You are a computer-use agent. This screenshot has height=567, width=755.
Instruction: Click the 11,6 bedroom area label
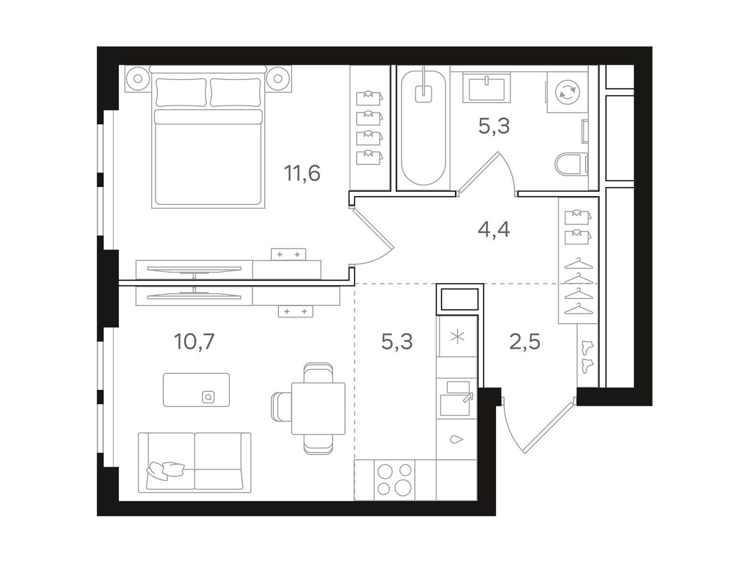(x=302, y=173)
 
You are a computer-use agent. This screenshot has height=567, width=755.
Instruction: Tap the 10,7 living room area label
(x=194, y=342)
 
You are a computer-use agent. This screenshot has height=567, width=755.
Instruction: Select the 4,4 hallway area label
(x=494, y=230)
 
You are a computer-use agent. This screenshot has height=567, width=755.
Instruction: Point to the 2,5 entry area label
(x=525, y=342)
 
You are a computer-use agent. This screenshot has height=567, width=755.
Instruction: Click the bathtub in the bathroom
(x=423, y=128)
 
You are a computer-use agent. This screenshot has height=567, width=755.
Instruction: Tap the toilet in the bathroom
(x=571, y=164)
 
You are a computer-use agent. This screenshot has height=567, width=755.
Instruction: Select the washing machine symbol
(x=568, y=92)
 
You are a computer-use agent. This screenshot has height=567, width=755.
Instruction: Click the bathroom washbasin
(x=487, y=87)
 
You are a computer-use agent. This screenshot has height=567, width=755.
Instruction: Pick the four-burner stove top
(x=394, y=480)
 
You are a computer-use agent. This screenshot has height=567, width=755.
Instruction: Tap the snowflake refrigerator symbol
(x=457, y=337)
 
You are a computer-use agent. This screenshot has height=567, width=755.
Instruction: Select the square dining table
(x=318, y=408)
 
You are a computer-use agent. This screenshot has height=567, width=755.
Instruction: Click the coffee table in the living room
(x=196, y=390)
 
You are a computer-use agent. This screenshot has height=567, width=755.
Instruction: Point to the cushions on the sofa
(x=165, y=470)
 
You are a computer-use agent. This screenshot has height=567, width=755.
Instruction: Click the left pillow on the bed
(x=181, y=92)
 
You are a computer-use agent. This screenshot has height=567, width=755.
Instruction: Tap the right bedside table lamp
(x=278, y=79)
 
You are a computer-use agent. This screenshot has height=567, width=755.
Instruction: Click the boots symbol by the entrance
(x=587, y=357)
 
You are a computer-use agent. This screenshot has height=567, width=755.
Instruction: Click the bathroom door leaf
(x=478, y=173)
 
